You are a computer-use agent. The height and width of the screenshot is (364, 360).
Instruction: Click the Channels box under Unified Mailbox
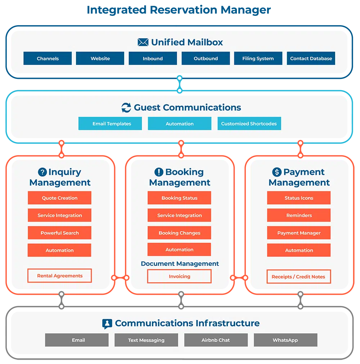pos(48,58)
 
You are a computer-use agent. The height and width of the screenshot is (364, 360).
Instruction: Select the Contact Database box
pos(311,58)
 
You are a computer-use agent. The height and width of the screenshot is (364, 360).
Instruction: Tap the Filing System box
pos(258,58)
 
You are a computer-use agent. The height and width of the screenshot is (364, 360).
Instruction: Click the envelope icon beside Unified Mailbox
pos(143,43)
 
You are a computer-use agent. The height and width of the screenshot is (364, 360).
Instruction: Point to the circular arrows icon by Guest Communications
pos(126,108)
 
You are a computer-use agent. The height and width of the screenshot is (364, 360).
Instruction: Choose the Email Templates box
pos(112,124)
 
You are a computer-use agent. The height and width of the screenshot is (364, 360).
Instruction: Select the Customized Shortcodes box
pos(249,124)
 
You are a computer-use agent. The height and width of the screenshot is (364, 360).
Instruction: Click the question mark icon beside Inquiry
pos(42,172)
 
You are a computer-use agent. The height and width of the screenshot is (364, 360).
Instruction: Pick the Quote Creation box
pos(59,198)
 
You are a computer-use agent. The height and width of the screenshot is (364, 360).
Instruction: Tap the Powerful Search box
pos(59,233)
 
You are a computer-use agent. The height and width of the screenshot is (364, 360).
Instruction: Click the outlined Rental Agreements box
pos(59,276)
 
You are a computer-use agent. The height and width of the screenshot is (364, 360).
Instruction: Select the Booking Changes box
pos(179,233)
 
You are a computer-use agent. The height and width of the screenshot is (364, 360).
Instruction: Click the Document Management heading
pos(180,264)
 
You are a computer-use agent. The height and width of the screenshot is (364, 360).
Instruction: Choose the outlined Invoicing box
pos(179,276)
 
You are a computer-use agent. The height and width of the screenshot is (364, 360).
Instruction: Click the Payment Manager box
pos(299,233)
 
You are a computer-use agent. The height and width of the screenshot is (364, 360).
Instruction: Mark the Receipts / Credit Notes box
pos(298,277)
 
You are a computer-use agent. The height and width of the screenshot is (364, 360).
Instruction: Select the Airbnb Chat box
pos(216,340)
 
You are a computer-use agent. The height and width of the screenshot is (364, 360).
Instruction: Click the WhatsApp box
pos(285,340)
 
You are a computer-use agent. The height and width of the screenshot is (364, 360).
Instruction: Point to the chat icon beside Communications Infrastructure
pos(107,324)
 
